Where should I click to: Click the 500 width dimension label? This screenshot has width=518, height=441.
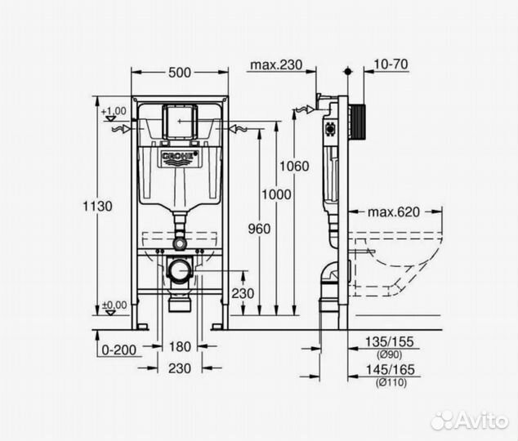(x=180, y=73)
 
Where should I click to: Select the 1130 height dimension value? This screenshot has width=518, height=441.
(x=98, y=206)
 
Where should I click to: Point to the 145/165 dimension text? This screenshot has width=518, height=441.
(x=392, y=370)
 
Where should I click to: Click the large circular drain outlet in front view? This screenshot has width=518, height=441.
(x=179, y=268)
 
